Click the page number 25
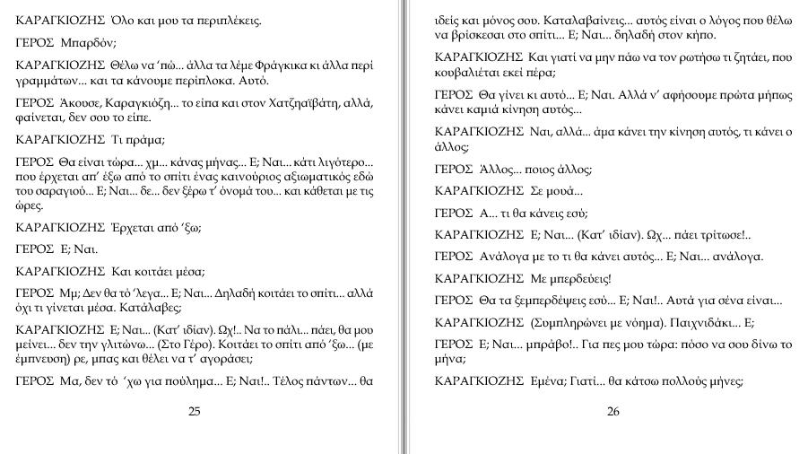pyautogui.click(x=195, y=412)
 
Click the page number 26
pyautogui.click(x=613, y=412)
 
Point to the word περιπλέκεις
pyautogui.click(x=218, y=19)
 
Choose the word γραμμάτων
pyautogui.click(x=46, y=80)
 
